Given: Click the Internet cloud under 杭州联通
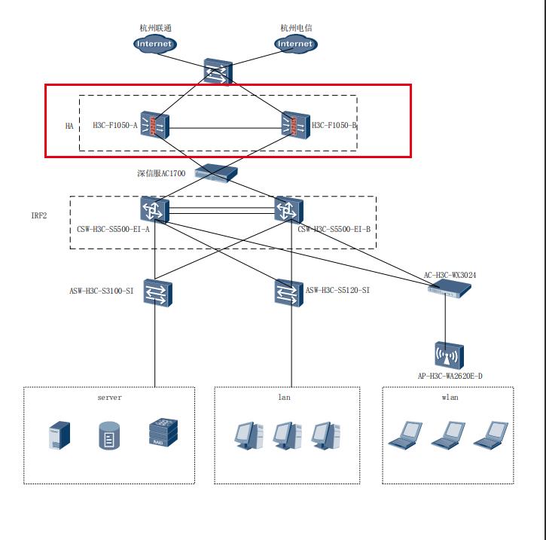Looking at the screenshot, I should [x=154, y=44].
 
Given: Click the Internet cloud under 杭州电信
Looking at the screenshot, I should [x=295, y=44].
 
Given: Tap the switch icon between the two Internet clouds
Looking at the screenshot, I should [x=217, y=70].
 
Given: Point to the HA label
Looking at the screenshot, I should [x=69, y=126].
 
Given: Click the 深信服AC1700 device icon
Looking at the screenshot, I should [x=215, y=172].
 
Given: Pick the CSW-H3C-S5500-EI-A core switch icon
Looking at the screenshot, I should [x=155, y=209].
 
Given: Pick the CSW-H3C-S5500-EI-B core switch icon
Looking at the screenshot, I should [x=289, y=209].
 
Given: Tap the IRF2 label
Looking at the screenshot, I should [x=38, y=215].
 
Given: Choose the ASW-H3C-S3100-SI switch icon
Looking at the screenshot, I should [x=158, y=293].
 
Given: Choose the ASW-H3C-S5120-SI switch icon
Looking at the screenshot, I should [x=289, y=293].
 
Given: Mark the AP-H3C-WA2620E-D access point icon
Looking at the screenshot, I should [x=449, y=354].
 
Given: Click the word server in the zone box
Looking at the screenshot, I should [x=109, y=398].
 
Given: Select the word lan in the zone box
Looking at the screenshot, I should [x=284, y=398].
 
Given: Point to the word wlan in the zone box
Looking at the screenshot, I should [x=449, y=398].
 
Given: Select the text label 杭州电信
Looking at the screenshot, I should [x=296, y=28].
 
